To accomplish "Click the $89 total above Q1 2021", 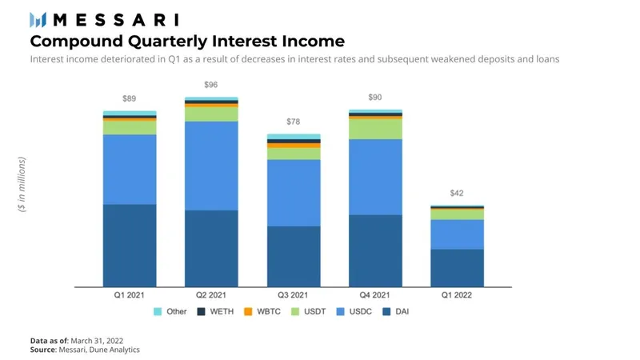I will click(129, 98).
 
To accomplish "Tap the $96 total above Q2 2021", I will click(210, 84).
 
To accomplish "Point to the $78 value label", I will click(293, 122).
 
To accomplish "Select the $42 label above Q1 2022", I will click(457, 193).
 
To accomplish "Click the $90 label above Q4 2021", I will click(374, 98).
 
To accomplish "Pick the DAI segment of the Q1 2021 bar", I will click(130, 245).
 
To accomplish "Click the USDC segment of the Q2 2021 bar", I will click(211, 166).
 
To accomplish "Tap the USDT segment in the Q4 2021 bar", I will click(375, 129).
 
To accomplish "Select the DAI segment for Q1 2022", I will click(457, 267).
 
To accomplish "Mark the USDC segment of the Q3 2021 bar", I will click(293, 193).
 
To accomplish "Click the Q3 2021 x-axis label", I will click(293, 295).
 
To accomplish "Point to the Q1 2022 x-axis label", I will click(457, 295).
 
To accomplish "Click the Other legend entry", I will click(170, 311).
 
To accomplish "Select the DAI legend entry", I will click(397, 311).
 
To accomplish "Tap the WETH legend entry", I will click(214, 311).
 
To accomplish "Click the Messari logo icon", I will click(38, 19).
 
